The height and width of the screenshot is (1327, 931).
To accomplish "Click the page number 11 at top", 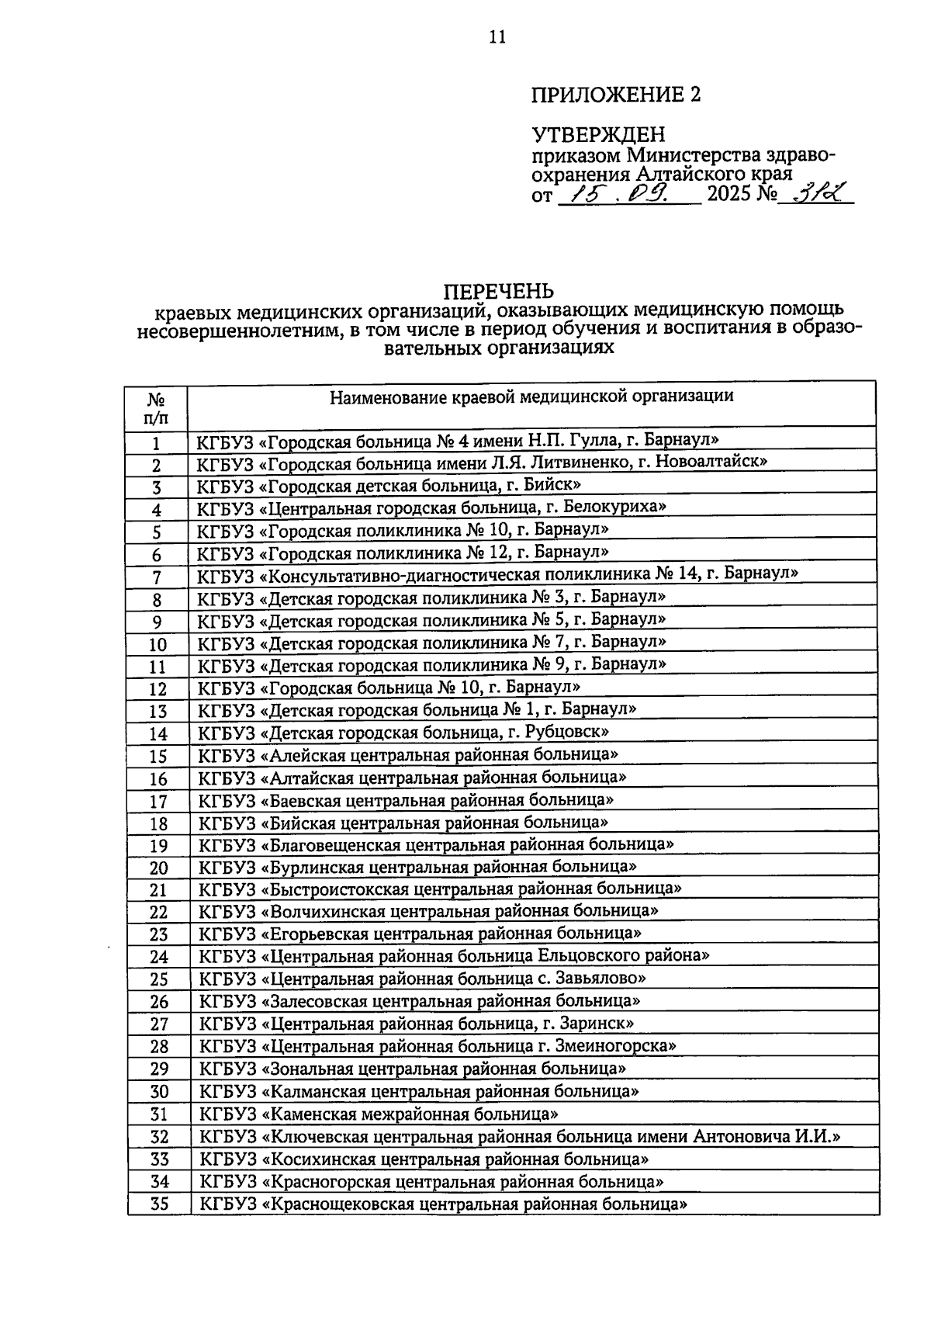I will point(497,36).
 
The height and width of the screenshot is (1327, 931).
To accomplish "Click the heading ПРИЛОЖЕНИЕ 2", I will point(615,95).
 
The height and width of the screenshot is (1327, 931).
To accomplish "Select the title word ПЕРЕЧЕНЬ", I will point(498,291).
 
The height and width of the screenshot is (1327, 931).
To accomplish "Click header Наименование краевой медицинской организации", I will point(531,397).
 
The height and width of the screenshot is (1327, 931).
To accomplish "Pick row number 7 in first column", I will point(156,578).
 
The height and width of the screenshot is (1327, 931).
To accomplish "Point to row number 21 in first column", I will point(158,890).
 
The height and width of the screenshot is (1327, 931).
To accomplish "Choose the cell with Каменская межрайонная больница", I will point(379,1114).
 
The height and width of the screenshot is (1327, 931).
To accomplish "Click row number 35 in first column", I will point(158,1205).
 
